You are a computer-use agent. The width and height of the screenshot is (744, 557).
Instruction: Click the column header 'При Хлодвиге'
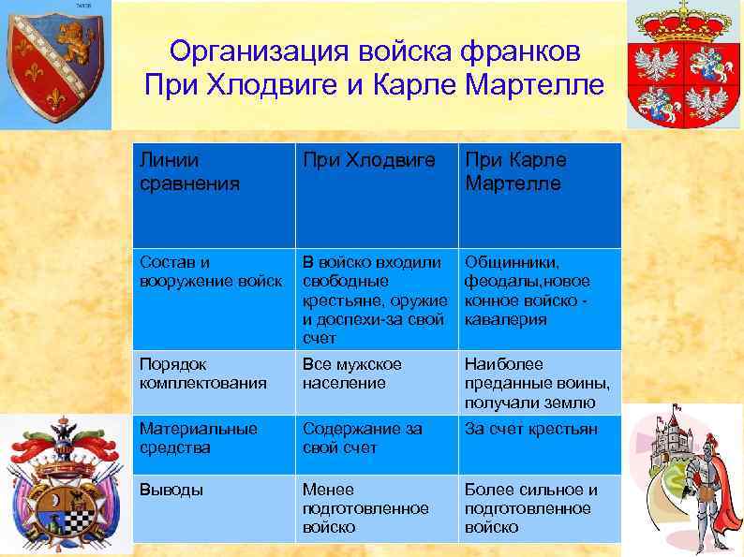(x=368, y=160)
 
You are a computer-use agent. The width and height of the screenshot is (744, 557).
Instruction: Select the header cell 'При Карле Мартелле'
(x=513, y=171)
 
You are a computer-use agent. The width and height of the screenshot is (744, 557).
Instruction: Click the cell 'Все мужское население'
(x=351, y=373)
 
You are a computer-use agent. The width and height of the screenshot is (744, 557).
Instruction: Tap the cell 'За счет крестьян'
(x=529, y=428)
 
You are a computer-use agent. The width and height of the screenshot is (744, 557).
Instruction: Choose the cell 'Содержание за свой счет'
(x=361, y=437)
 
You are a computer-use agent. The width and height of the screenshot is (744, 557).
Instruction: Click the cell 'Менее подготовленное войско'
(x=365, y=508)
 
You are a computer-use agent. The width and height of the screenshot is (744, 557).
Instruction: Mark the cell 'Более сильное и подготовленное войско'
(x=529, y=508)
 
